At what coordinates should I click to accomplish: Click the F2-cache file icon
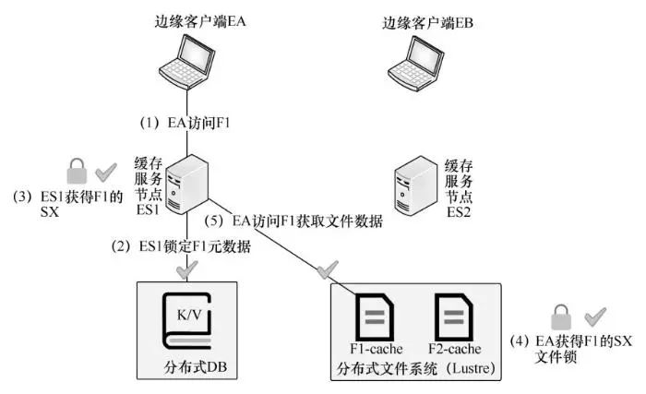[x=452, y=316]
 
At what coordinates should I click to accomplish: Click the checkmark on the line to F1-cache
[x=326, y=269]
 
